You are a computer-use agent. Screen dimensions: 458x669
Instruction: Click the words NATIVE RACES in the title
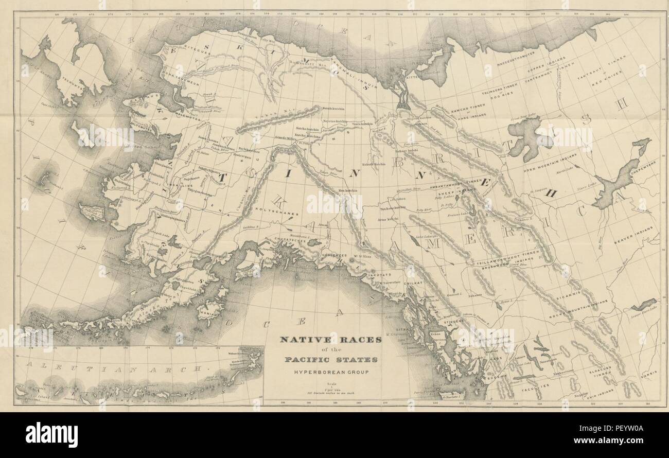click(330, 340)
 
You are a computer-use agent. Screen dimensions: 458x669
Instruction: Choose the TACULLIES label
click(536, 384)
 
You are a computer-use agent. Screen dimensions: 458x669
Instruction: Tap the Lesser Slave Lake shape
click(643, 305)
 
